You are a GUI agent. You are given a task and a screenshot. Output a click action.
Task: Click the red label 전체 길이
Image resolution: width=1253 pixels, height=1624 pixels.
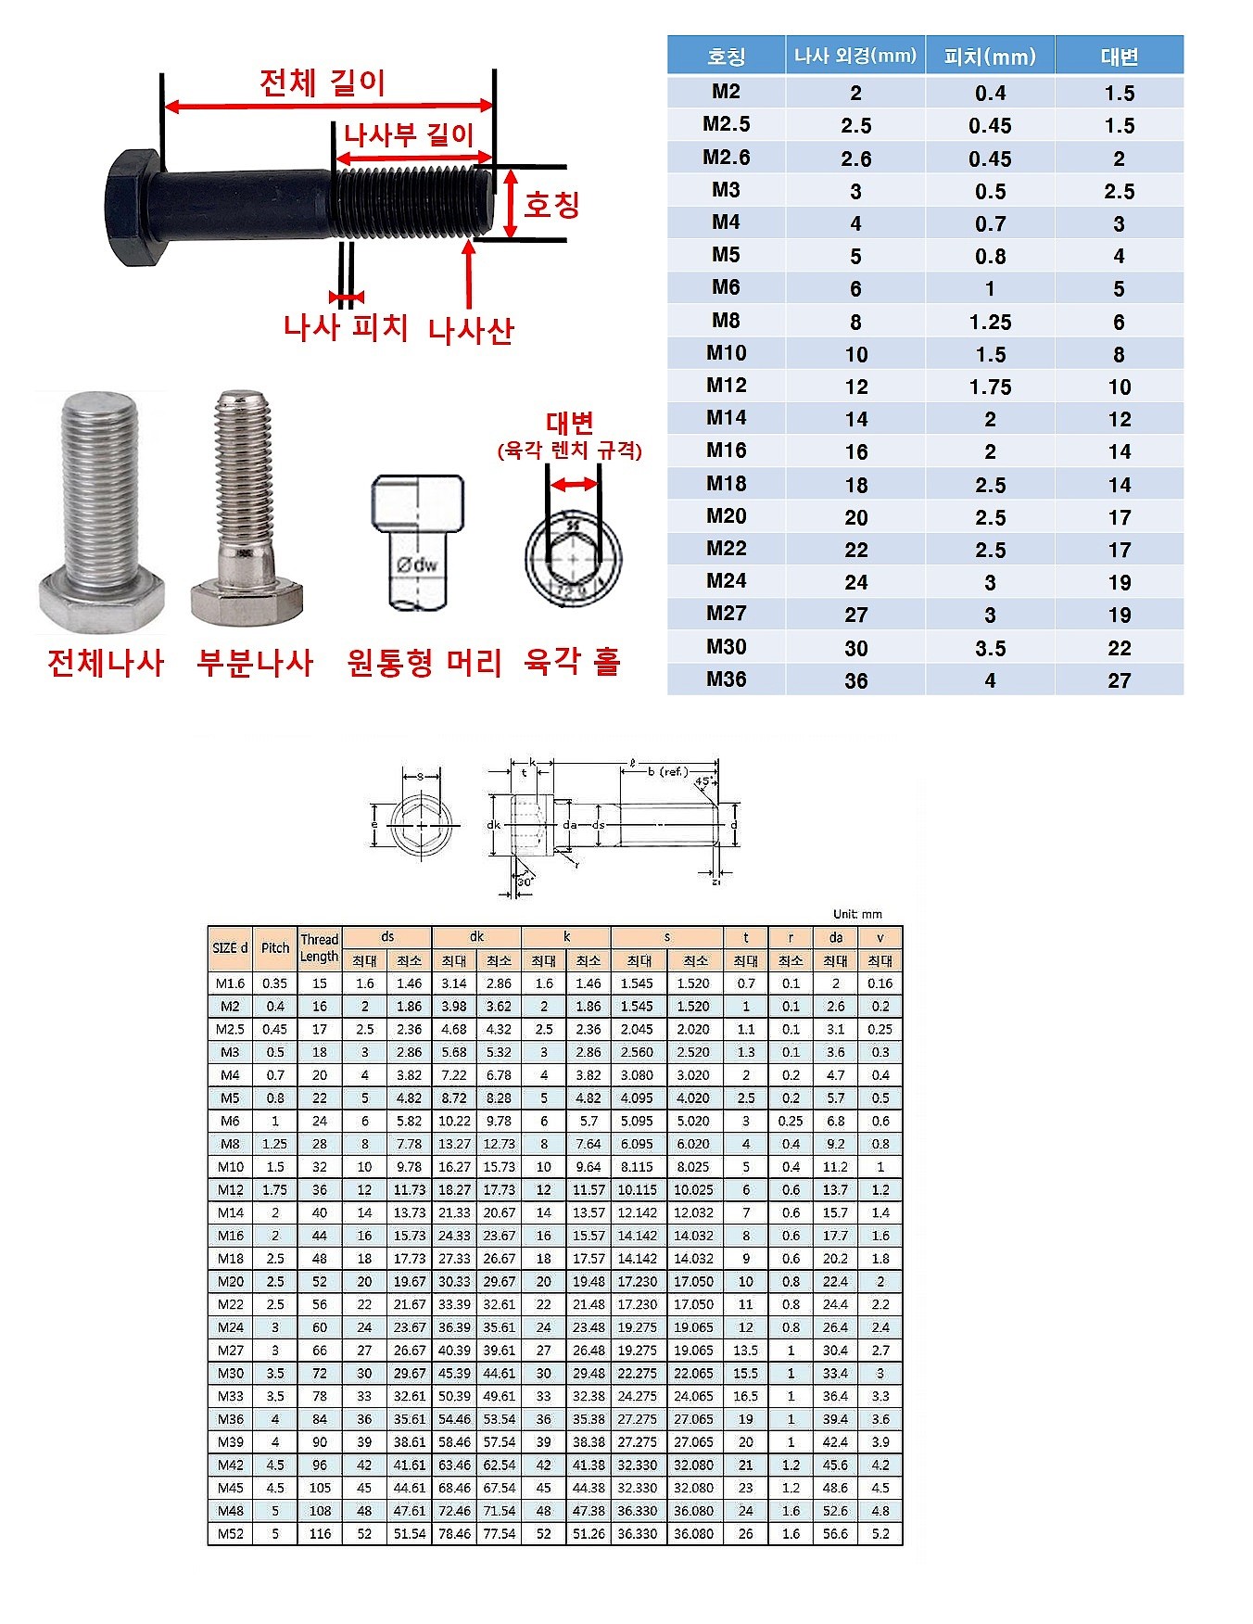pyautogui.click(x=323, y=82)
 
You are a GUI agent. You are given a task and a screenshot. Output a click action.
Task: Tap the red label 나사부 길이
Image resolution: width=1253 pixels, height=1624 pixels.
pyautogui.click(x=409, y=135)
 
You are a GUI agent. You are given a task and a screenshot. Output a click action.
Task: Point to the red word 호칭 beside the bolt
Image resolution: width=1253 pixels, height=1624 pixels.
pyautogui.click(x=551, y=204)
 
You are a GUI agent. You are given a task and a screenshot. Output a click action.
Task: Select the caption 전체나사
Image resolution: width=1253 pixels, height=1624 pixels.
pyautogui.click(x=106, y=663)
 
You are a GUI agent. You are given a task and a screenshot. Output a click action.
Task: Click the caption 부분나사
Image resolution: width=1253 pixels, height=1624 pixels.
pyautogui.click(x=255, y=663)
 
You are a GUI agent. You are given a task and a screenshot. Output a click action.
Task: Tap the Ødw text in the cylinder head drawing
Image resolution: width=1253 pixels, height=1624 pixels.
pyautogui.click(x=416, y=564)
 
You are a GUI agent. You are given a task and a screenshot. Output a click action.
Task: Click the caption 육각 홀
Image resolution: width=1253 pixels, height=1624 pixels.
pyautogui.click(x=572, y=662)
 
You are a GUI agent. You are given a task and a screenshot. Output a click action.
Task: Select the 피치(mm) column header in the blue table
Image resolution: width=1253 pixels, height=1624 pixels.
pyautogui.click(x=990, y=57)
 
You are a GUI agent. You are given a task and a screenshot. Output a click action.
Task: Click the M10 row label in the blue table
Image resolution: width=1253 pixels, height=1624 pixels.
pyautogui.click(x=726, y=353)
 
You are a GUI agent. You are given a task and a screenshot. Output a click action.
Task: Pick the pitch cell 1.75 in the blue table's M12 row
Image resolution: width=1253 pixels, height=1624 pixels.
pyautogui.click(x=990, y=387)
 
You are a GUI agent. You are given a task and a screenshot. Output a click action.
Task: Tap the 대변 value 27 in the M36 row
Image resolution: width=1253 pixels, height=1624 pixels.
pyautogui.click(x=1119, y=680)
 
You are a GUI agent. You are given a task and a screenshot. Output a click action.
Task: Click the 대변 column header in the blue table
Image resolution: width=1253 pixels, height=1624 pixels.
pyautogui.click(x=1119, y=57)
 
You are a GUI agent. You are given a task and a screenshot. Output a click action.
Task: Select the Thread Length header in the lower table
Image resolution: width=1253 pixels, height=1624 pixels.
pyautogui.click(x=319, y=947)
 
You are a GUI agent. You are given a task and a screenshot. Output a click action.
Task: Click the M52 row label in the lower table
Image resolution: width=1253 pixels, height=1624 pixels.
pyautogui.click(x=230, y=1534)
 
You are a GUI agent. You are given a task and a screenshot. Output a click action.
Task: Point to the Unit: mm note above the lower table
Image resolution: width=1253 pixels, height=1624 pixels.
pyautogui.click(x=857, y=914)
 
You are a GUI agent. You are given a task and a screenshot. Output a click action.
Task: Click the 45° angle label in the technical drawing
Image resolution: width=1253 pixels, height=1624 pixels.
pyautogui.click(x=702, y=781)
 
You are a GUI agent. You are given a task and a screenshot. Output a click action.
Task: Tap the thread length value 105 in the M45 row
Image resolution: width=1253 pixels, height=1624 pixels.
pyautogui.click(x=320, y=1488)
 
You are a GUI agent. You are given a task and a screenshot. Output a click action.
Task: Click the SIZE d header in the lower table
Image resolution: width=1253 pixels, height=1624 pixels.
pyautogui.click(x=230, y=947)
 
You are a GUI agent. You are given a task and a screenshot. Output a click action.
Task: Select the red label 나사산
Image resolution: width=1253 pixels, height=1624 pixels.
pyautogui.click(x=471, y=330)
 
